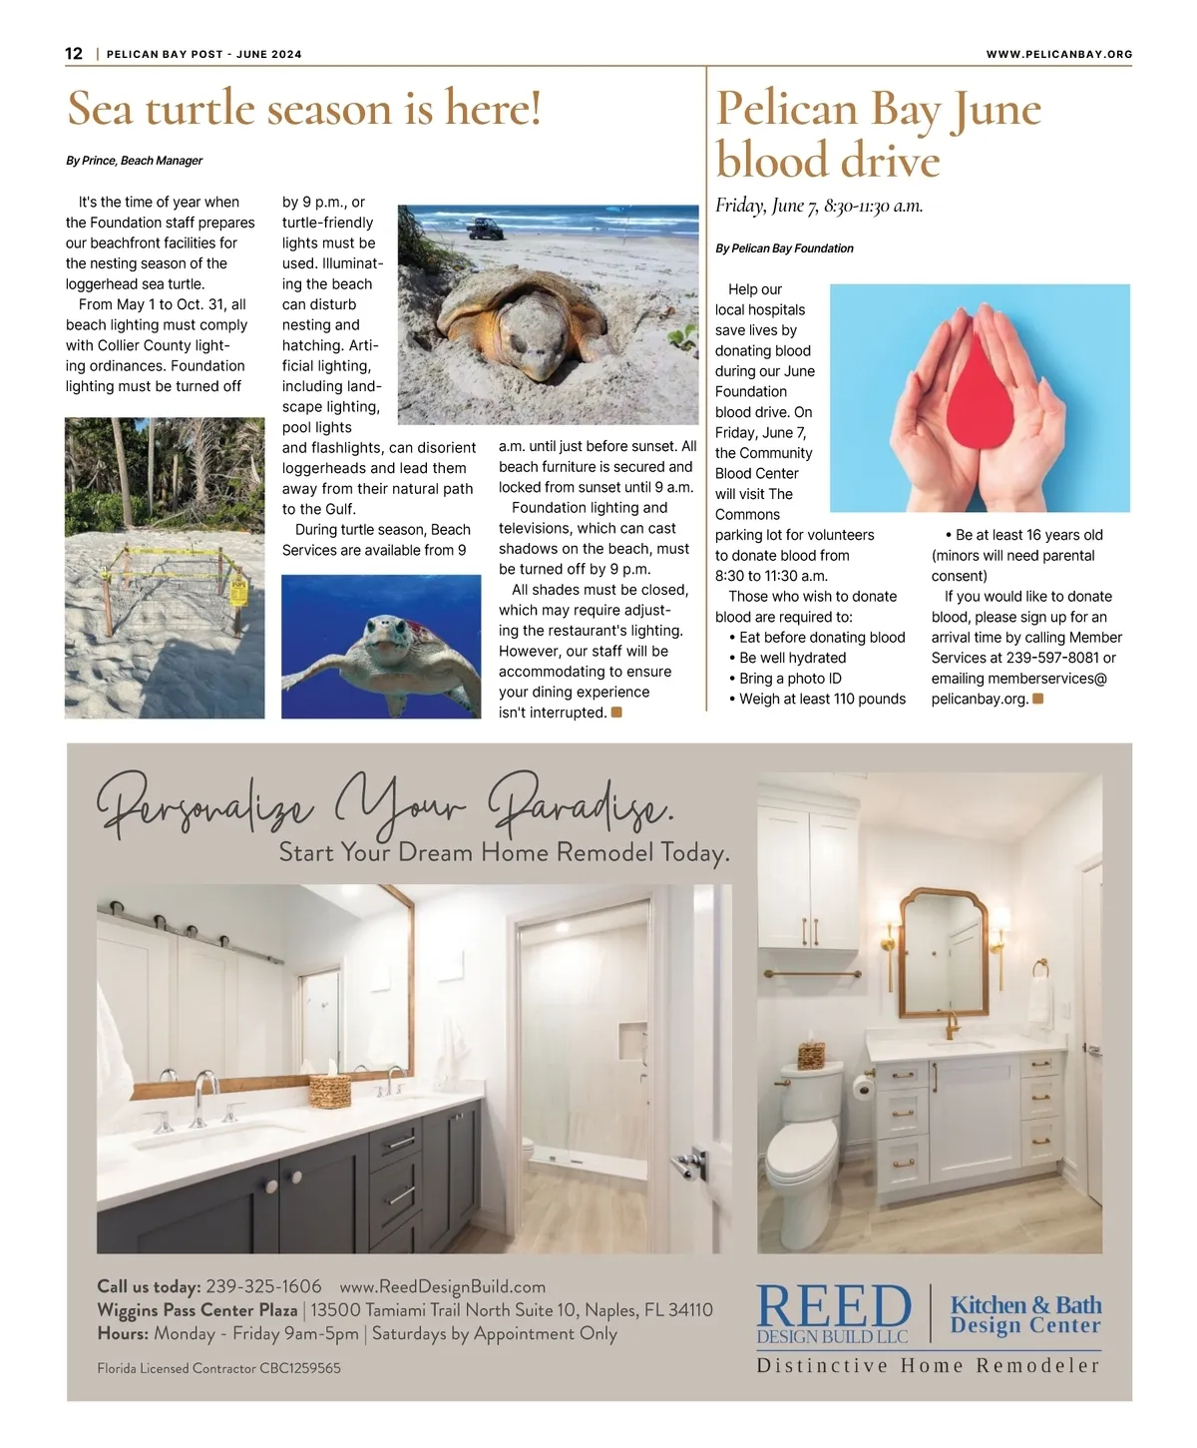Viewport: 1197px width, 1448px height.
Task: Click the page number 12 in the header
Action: pyautogui.click(x=74, y=54)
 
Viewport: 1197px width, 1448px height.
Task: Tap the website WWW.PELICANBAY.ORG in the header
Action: pyautogui.click(x=1058, y=54)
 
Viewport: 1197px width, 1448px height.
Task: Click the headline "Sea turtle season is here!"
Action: pyautogui.click(x=304, y=108)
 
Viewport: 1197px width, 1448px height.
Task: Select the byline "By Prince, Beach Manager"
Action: pyautogui.click(x=135, y=161)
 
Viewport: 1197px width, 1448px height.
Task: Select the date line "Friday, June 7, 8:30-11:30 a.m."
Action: pyautogui.click(x=819, y=206)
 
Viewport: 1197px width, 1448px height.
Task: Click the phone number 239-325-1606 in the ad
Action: pyautogui.click(x=263, y=1286)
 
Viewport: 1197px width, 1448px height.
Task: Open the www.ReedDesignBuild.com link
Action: pyautogui.click(x=442, y=1286)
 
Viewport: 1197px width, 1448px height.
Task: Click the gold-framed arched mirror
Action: pyautogui.click(x=943, y=952)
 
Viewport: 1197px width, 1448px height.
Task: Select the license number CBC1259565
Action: pyautogui.click(x=299, y=1368)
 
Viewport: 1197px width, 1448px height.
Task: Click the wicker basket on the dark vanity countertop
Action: pyautogui.click(x=329, y=1091)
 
